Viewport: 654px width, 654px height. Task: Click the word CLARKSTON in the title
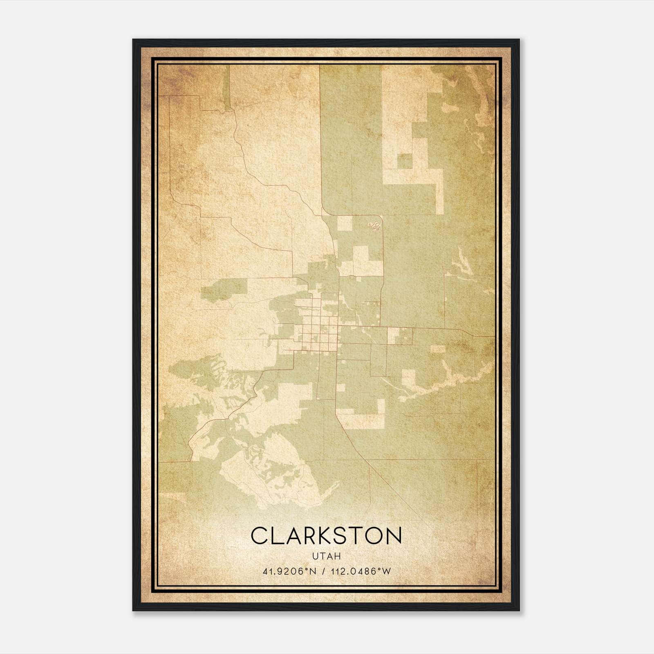(326, 536)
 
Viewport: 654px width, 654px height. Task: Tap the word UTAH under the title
(326, 556)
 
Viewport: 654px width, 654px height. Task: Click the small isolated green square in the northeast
(405, 161)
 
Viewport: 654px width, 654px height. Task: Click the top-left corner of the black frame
(134, 40)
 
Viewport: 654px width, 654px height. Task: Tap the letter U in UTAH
(314, 556)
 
